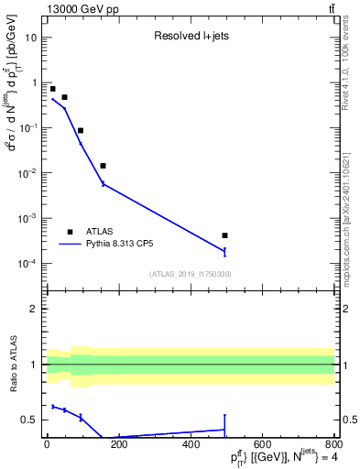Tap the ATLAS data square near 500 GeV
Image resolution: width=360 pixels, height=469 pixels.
coord(224,235)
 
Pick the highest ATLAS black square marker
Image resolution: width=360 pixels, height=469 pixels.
coord(52,89)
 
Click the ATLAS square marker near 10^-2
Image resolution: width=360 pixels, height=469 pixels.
coord(103,166)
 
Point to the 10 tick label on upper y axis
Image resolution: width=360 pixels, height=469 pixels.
coord(32,38)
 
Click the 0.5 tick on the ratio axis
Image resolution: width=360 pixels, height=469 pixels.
coord(30,420)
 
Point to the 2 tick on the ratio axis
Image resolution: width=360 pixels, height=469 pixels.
coord(35,309)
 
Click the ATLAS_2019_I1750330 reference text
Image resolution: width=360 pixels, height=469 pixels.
coord(190,274)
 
